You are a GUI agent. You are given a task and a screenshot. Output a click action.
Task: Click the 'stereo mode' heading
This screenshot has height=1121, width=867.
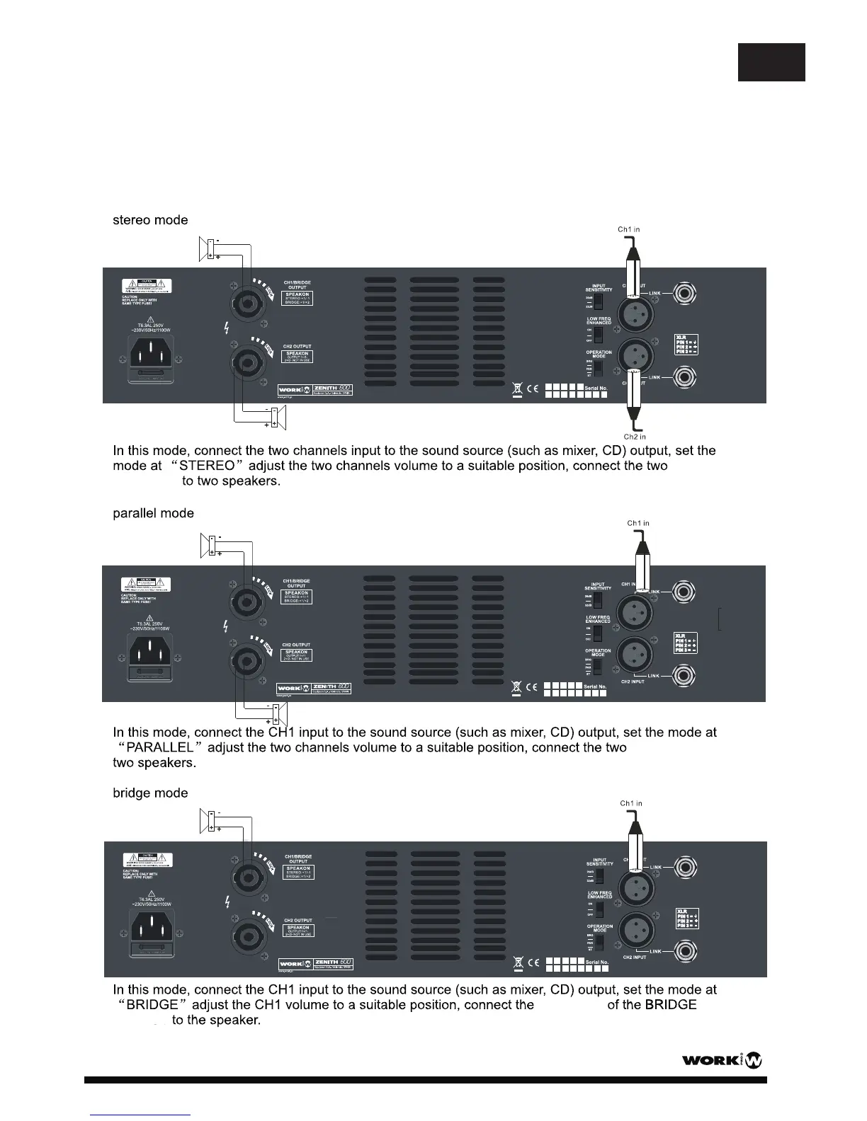point(150,220)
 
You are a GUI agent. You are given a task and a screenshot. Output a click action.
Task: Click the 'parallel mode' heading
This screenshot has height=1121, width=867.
point(153,513)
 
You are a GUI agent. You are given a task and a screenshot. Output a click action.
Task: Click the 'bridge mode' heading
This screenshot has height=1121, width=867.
point(150,793)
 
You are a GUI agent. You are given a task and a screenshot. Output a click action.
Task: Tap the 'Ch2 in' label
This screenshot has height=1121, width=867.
point(635,437)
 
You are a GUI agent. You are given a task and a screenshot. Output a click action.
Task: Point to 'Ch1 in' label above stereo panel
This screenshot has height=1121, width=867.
point(629,229)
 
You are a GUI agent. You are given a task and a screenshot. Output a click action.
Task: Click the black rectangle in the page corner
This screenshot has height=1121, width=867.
point(771,62)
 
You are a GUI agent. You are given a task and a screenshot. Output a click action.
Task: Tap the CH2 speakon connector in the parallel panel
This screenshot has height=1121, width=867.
point(244,660)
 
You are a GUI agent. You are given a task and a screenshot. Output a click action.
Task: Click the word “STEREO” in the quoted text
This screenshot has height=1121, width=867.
point(207,466)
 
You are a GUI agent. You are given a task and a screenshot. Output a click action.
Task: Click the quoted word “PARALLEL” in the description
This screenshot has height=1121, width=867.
point(160,748)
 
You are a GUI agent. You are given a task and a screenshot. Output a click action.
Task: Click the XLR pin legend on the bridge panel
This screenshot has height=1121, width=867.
point(686,919)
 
